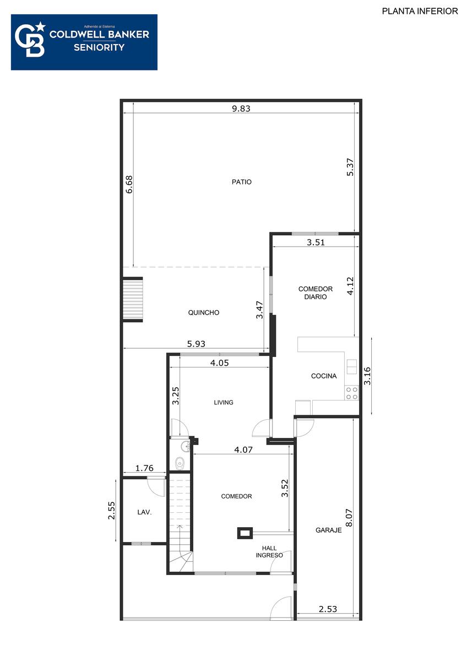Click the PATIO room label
[241, 182]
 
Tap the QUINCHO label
[204, 312]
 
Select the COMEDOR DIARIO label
[316, 292]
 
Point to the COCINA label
[324, 376]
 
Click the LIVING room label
[224, 403]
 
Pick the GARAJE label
[328, 530]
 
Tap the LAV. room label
[144, 512]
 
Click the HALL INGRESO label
[269, 551]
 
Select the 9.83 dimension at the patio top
[241, 109]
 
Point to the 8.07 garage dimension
[349, 518]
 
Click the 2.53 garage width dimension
[328, 609]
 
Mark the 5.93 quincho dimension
[196, 344]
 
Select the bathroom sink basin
[186, 447]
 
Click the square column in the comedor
[245, 533]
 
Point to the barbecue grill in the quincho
[133, 300]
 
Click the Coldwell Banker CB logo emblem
[30, 39]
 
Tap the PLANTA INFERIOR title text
[420, 11]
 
